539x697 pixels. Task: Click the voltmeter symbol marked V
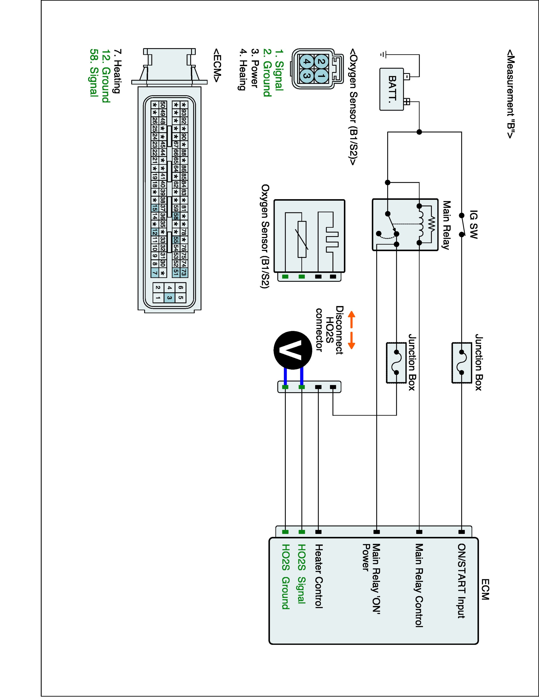click(x=293, y=350)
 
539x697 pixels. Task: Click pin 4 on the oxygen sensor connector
click(x=306, y=62)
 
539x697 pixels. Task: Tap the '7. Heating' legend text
click(x=117, y=71)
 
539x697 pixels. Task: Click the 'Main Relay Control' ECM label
click(x=419, y=586)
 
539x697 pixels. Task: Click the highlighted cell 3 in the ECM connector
click(x=170, y=298)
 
